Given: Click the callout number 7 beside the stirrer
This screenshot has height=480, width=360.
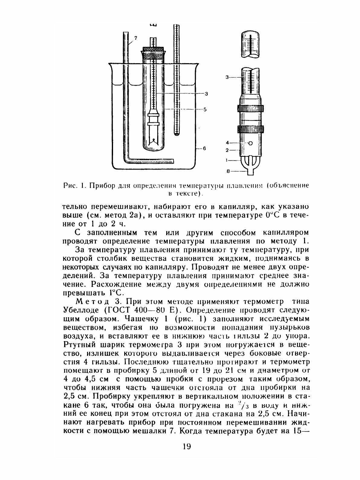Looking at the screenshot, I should tap(135, 38).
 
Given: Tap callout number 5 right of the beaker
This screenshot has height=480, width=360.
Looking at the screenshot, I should tap(205, 110).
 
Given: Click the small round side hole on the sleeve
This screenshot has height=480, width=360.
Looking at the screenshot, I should tap(250, 143).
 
